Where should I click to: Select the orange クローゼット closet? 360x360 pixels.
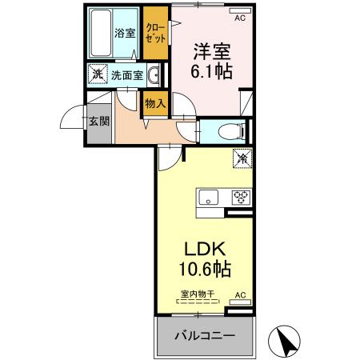click(x=155, y=33)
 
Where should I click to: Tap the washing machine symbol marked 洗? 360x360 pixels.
click(x=97, y=75)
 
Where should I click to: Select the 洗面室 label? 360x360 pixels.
click(x=126, y=76)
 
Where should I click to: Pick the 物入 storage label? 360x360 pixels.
click(x=155, y=102)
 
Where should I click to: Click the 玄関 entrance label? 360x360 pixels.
click(x=99, y=122)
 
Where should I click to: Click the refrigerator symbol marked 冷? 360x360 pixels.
click(x=240, y=158)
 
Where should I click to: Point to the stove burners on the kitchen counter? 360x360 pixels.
click(x=239, y=197)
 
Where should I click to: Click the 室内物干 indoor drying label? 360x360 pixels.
click(x=197, y=294)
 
